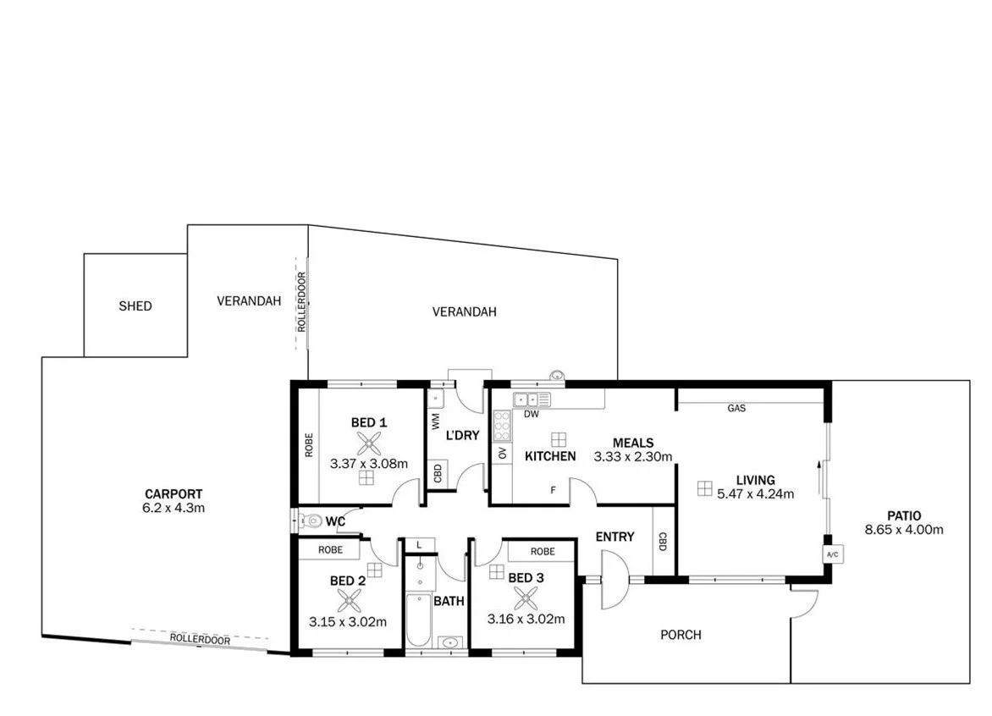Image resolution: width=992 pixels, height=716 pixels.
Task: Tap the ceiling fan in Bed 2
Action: tap(348, 600)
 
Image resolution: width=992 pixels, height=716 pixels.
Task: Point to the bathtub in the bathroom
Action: tap(418, 621)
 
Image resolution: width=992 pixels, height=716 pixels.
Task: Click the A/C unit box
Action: tap(831, 554)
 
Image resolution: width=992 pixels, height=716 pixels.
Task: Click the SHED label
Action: tap(135, 306)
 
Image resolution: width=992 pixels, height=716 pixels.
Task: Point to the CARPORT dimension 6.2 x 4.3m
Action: tap(174, 508)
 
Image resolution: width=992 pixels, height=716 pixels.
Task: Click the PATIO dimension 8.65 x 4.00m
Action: tap(904, 530)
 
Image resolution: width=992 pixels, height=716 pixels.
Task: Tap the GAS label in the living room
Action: tap(736, 408)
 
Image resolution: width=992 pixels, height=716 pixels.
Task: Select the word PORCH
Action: tap(681, 635)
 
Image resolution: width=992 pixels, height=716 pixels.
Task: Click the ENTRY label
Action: tap(614, 537)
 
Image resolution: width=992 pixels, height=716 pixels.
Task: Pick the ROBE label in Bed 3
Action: tap(543, 551)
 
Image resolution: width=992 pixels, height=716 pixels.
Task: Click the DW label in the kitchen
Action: tap(532, 415)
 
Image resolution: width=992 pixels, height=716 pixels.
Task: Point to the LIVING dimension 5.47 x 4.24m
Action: tap(755, 494)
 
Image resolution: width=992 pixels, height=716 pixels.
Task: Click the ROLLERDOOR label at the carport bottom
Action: tap(200, 640)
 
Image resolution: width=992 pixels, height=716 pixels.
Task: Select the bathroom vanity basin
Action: tap(449, 643)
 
